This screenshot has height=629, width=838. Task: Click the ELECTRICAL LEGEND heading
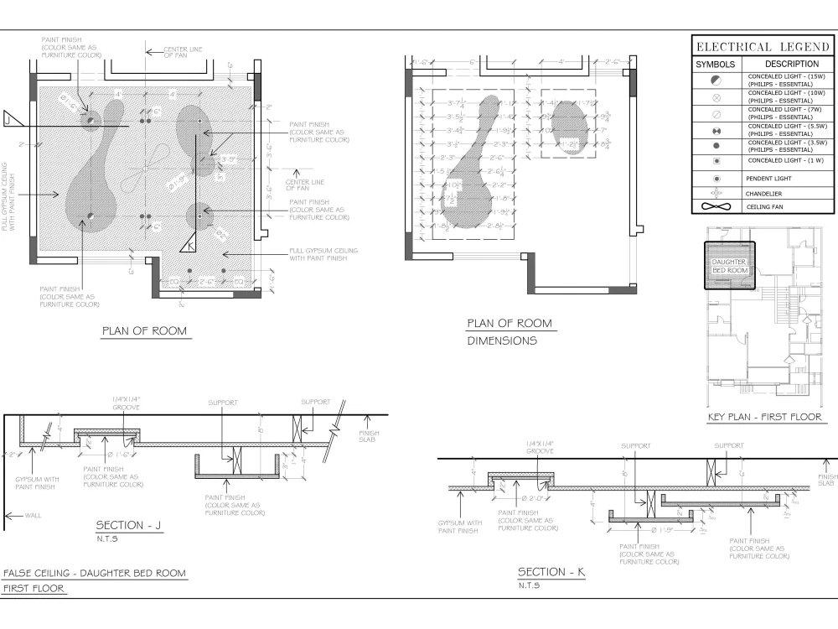761,47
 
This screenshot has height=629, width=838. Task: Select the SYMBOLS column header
715,65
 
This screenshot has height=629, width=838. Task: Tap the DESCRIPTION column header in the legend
791,64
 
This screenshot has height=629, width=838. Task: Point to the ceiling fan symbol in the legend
715,206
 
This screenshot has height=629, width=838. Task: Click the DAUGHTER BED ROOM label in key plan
729,267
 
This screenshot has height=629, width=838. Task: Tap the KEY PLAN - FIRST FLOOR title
764,417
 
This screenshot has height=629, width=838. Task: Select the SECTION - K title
551,572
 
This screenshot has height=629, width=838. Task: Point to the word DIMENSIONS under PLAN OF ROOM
502,341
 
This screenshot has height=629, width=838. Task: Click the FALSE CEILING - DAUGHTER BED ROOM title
94,574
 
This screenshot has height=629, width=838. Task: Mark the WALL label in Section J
30,516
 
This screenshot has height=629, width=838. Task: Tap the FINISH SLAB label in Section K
826,480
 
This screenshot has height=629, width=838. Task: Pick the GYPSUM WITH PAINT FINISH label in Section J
35,482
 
